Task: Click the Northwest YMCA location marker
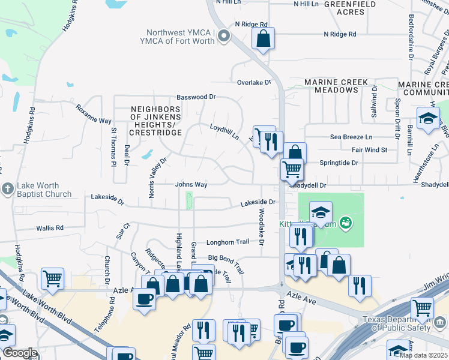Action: click(x=224, y=37)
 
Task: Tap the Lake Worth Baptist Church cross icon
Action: click(x=7, y=188)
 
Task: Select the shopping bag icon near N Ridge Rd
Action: click(x=264, y=40)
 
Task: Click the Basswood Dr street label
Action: click(x=196, y=97)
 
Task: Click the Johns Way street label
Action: click(x=191, y=185)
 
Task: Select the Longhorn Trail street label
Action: click(x=228, y=242)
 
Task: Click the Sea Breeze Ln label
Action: click(x=351, y=137)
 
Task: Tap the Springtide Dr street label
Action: click(x=339, y=163)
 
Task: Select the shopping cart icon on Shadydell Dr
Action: click(x=292, y=169)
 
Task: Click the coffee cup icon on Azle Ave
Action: click(x=144, y=299)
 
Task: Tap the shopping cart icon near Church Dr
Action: click(x=52, y=278)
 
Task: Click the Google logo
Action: click(x=20, y=353)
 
